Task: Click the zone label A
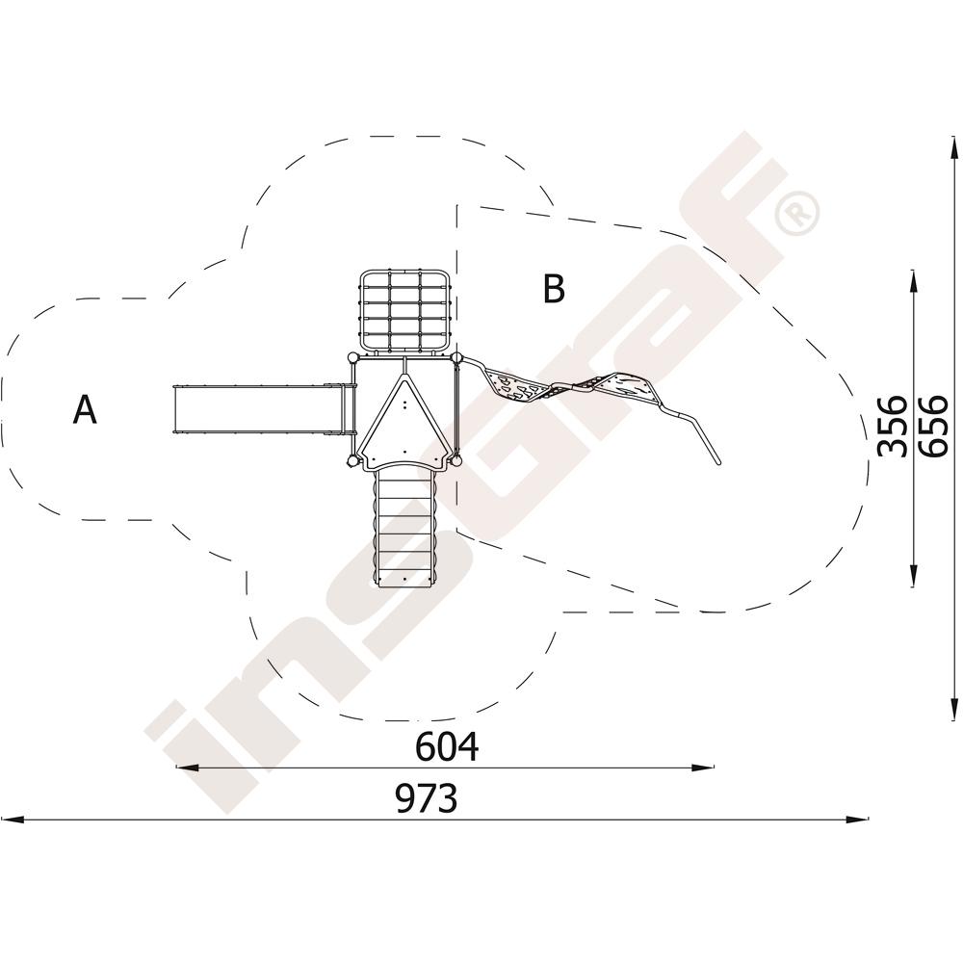85,409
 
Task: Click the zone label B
554,289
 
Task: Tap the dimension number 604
447,746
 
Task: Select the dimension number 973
427,799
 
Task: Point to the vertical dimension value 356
892,426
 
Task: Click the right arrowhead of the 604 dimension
703,768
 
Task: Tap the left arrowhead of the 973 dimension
13,820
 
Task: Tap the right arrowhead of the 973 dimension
857,820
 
